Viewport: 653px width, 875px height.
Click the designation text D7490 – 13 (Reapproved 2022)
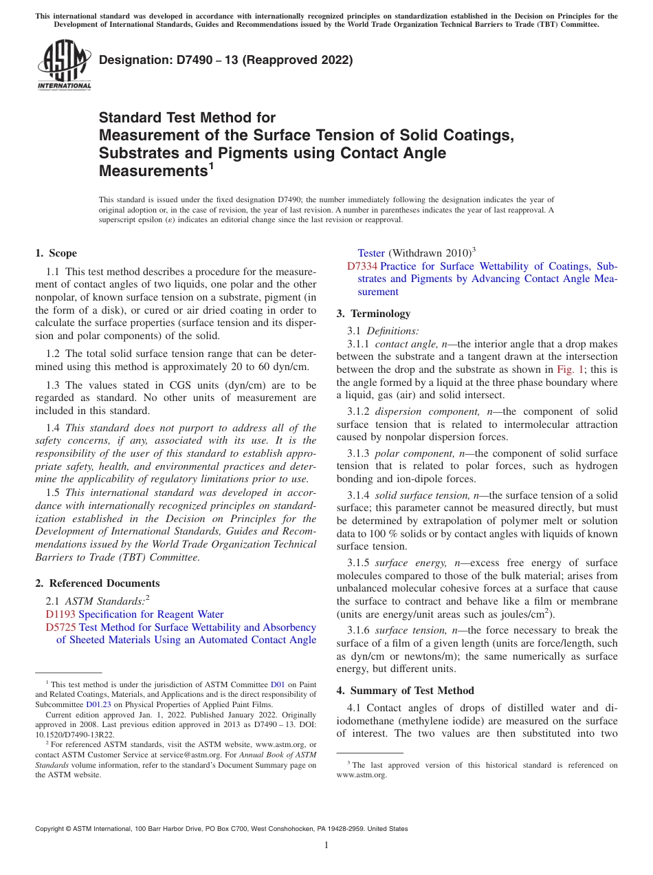(226, 60)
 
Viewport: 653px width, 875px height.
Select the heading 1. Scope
(56, 253)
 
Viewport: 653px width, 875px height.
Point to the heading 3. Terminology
(373, 314)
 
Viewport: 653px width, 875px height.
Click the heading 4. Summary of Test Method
(406, 691)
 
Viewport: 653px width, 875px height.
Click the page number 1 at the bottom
(326, 845)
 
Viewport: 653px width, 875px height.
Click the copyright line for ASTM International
(221, 829)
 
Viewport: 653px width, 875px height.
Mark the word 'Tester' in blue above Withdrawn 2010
(371, 253)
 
